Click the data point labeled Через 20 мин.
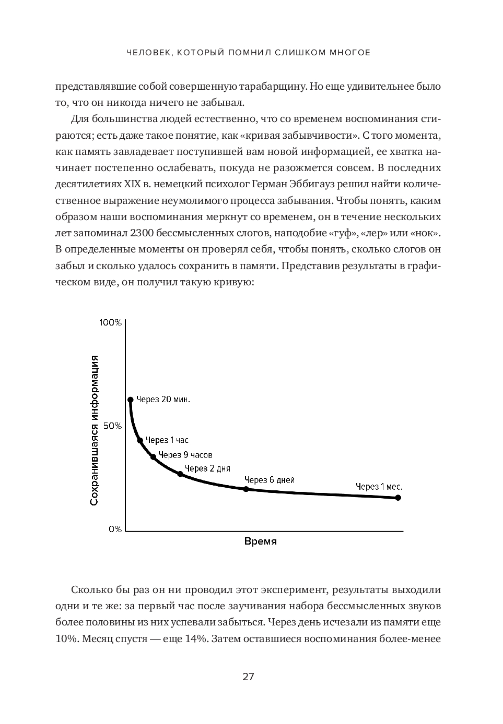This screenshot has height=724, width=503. (x=131, y=400)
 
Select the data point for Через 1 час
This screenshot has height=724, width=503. (x=140, y=441)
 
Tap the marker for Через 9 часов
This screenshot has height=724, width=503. (x=153, y=457)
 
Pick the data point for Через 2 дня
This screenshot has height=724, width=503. (x=180, y=474)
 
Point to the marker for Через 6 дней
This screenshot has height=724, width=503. (x=246, y=489)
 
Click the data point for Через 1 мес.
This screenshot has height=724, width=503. (x=398, y=498)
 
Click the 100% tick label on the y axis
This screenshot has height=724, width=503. (x=110, y=323)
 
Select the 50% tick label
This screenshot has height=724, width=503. (x=112, y=426)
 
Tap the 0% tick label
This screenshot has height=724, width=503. (x=115, y=529)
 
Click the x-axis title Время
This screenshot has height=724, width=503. (x=261, y=541)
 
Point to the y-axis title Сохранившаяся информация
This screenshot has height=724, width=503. (x=95, y=430)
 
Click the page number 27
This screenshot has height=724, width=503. (x=248, y=677)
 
